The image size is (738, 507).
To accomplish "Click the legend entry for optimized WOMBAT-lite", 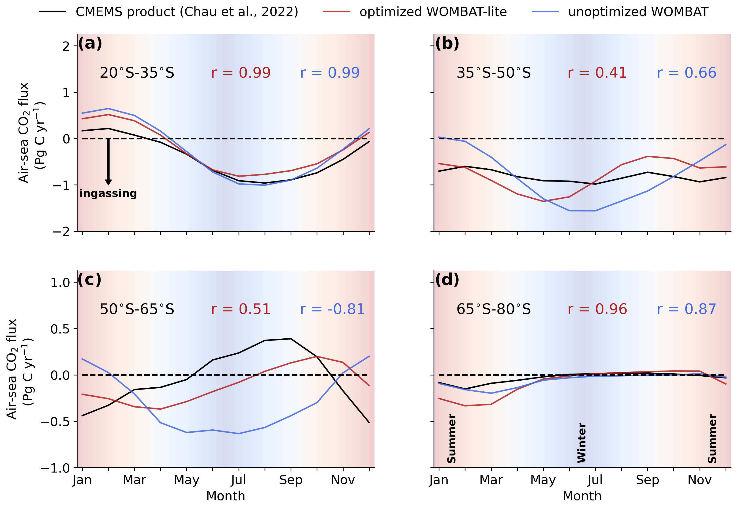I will [433, 12].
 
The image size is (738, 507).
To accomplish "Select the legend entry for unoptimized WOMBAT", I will [638, 12].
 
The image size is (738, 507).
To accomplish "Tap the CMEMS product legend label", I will [187, 12].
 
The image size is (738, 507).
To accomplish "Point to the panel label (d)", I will [447, 280].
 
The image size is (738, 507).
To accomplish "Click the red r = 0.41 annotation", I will [597, 73].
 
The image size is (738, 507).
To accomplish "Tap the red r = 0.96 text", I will [597, 309].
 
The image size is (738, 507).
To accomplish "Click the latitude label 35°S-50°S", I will [494, 73].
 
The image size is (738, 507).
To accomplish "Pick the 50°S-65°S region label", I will [137, 309].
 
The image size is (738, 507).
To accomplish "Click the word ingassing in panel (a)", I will [108, 193].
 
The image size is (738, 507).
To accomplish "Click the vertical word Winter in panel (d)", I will [581, 443].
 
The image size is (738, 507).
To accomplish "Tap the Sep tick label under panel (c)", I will [291, 480].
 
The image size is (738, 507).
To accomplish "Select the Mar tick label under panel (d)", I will [491, 480].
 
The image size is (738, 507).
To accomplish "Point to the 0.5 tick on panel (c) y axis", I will [60, 329].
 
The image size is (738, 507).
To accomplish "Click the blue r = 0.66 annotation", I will [686, 73].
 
